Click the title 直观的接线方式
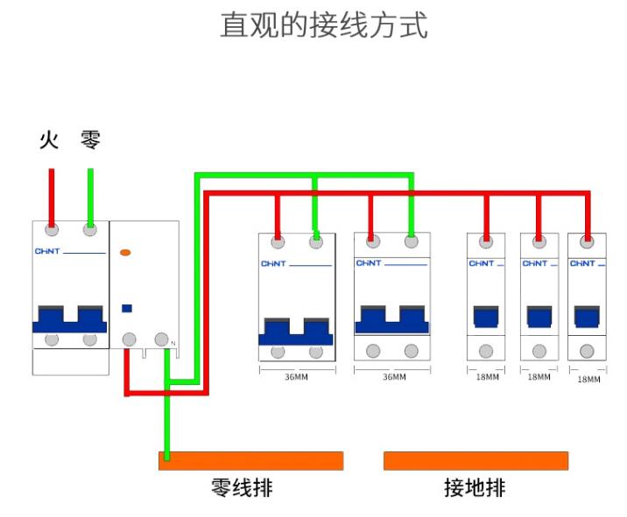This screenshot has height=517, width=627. [323, 25]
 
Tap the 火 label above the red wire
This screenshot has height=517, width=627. [49, 139]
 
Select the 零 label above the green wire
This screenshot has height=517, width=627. [90, 139]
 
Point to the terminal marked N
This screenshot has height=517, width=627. [161, 339]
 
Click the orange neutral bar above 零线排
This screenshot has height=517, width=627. [250, 460]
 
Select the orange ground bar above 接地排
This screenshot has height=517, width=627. [476, 460]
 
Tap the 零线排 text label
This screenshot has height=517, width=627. [242, 487]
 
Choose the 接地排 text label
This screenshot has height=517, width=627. [475, 487]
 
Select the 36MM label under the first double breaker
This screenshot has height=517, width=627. [296, 377]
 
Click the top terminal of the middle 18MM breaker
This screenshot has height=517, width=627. [539, 239]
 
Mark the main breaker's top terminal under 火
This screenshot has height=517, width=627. [52, 230]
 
